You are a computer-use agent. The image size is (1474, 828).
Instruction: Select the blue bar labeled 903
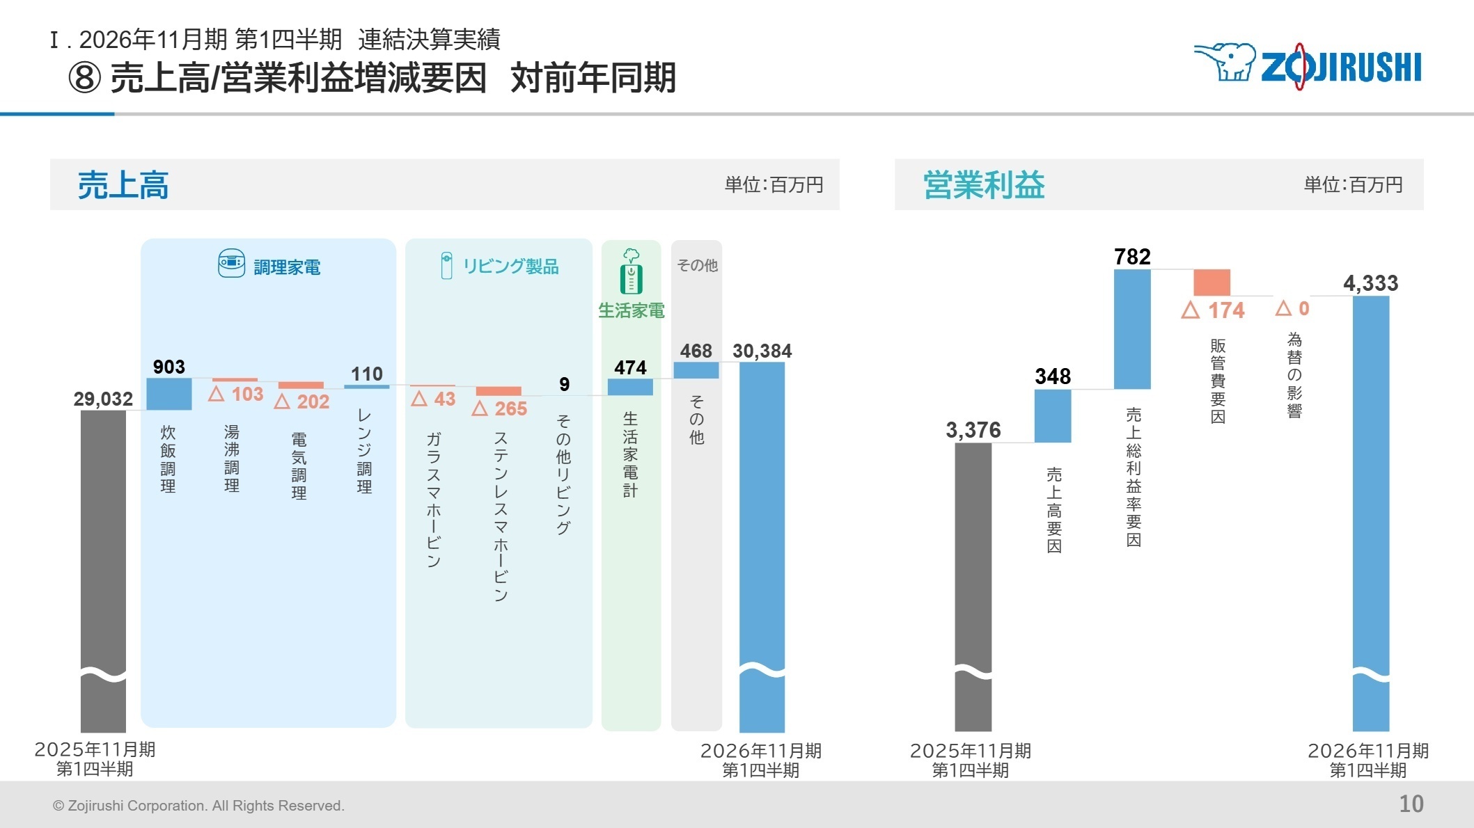[168, 394]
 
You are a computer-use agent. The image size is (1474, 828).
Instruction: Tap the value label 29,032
[103, 399]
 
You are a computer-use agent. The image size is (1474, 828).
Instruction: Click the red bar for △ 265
[499, 391]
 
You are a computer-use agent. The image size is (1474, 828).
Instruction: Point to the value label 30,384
[762, 351]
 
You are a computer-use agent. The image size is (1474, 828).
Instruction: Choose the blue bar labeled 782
[1132, 328]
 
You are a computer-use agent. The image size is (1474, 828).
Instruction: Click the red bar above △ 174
[1212, 282]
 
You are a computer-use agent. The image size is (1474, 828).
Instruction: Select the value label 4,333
[1370, 283]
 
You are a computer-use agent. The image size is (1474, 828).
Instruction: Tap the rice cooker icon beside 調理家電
[231, 264]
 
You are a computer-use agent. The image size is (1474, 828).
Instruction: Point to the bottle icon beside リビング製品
[446, 266]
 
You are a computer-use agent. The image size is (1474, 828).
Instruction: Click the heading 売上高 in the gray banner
[123, 185]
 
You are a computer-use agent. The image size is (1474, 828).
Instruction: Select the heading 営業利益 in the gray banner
[983, 185]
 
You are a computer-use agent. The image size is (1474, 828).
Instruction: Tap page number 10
[1411, 804]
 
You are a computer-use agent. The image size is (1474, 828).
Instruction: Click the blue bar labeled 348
[1052, 415]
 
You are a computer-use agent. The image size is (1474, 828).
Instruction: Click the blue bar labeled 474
[630, 387]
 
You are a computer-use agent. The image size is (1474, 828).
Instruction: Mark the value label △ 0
[1292, 308]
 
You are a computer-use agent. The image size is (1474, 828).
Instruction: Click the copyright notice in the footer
[198, 806]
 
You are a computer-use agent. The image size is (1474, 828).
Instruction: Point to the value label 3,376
[973, 430]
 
